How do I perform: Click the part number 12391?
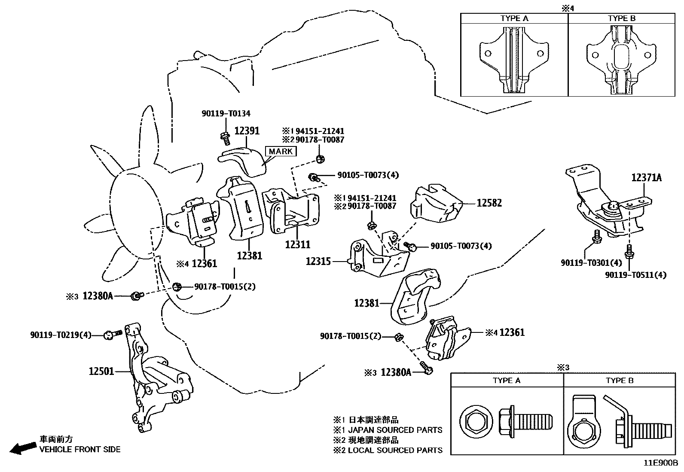click(247, 131)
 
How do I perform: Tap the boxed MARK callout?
click(281, 151)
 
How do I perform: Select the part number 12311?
click(297, 244)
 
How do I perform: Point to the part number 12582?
click(489, 203)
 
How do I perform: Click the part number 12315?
click(318, 261)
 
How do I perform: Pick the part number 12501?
click(101, 371)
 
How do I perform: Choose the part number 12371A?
click(646, 177)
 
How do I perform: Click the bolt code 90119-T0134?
click(226, 113)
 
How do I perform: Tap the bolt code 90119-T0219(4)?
click(61, 335)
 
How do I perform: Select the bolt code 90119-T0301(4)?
click(591, 262)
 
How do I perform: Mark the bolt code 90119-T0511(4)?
click(636, 275)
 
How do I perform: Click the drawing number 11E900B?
click(660, 463)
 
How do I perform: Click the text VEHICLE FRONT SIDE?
click(80, 450)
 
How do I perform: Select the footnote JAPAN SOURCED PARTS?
click(395, 430)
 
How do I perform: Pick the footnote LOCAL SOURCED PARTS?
click(395, 450)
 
